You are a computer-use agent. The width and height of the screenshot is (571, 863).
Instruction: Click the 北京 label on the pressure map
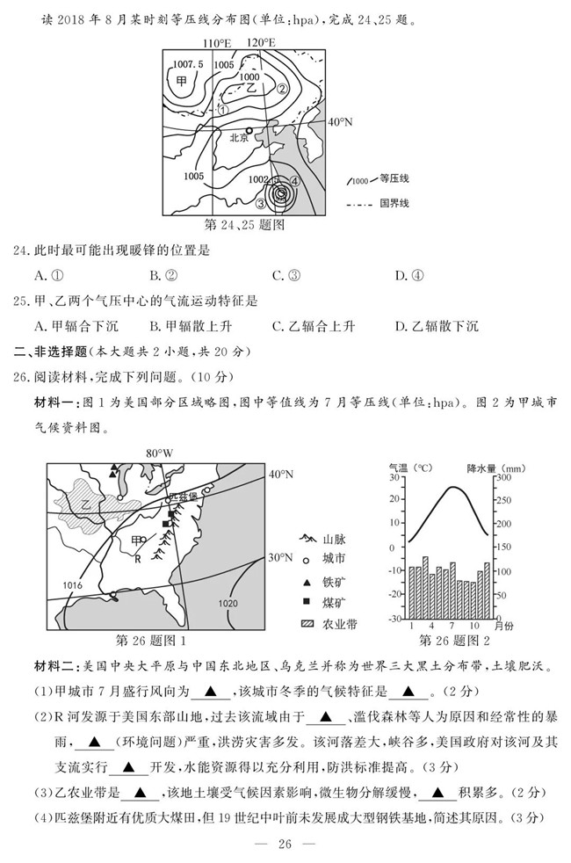click(240, 138)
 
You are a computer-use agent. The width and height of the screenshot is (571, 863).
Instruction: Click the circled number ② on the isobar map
click(283, 88)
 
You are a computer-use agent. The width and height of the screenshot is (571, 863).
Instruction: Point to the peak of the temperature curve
click(452, 487)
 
